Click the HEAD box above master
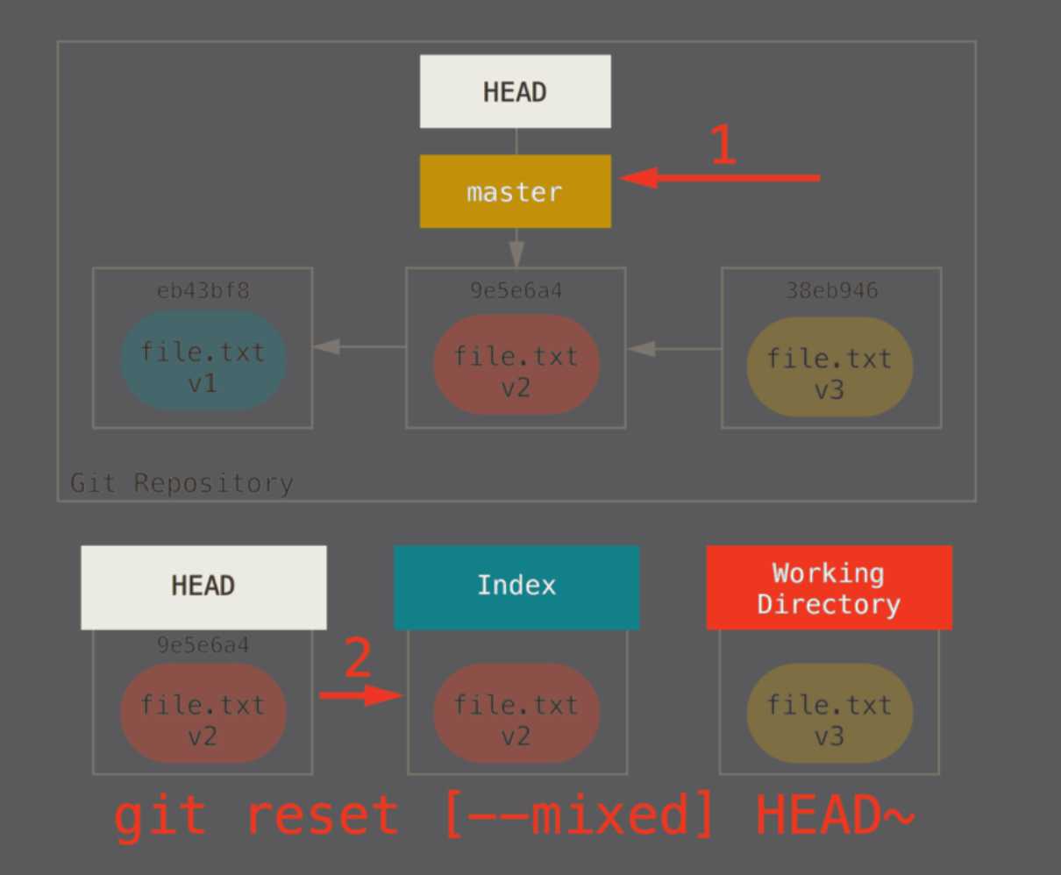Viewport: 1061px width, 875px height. (x=515, y=92)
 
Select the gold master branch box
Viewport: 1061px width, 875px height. (x=515, y=191)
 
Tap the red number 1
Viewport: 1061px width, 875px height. (x=722, y=145)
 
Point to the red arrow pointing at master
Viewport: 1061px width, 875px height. (x=719, y=178)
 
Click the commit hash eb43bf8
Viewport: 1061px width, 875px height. (x=203, y=290)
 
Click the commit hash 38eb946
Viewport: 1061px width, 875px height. (x=831, y=290)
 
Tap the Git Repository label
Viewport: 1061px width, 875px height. (x=182, y=483)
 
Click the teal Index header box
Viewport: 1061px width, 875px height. (x=516, y=587)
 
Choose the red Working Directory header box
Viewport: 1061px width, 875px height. (x=829, y=587)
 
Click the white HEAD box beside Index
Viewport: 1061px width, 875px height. (x=203, y=587)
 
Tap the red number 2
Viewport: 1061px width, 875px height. (x=357, y=659)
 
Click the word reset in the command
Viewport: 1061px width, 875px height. (x=322, y=815)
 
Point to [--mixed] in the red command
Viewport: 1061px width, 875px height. (x=579, y=815)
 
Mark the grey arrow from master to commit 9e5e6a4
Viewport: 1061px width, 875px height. (x=516, y=248)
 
